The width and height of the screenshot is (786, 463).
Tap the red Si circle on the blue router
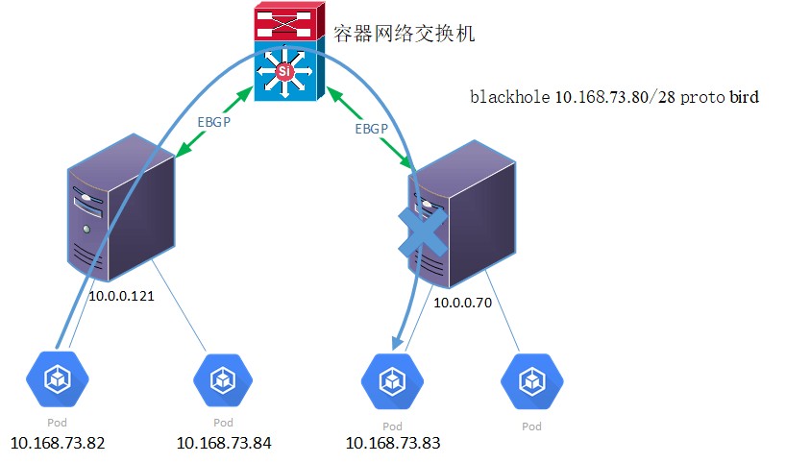[x=283, y=71]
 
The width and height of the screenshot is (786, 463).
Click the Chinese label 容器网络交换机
[x=404, y=34]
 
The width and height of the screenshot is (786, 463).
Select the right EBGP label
[x=373, y=128]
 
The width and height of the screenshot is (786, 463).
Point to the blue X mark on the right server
[x=424, y=233]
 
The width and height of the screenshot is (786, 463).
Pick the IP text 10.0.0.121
[x=122, y=297]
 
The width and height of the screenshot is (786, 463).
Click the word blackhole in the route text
[x=510, y=97]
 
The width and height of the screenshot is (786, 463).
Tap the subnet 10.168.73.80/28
[x=616, y=97]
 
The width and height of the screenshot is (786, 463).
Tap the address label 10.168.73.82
[x=58, y=443]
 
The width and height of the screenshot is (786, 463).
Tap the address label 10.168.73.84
[x=224, y=443]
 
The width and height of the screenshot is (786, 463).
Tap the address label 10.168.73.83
[x=392, y=443]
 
